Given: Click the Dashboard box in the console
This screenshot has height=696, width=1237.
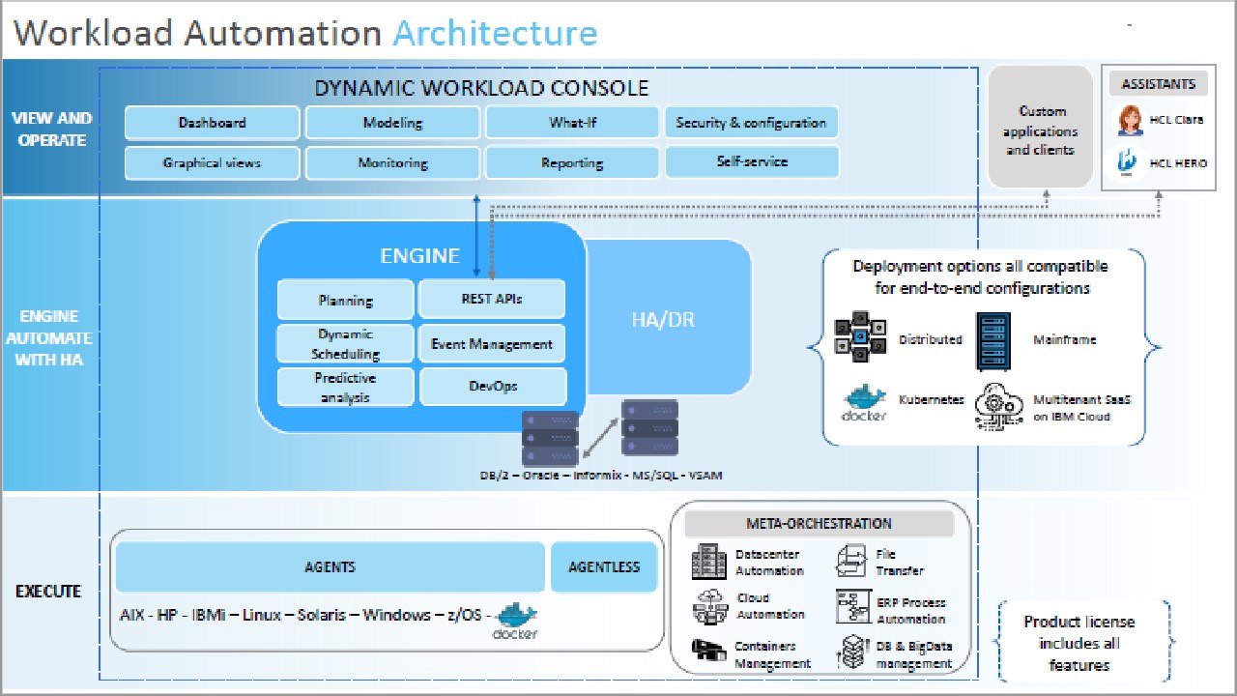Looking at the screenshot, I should (212, 123).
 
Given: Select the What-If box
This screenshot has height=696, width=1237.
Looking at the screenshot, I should (572, 123).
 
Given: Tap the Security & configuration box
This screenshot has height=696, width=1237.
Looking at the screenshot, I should (751, 123).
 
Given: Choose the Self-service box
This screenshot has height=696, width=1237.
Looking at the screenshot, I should (751, 162).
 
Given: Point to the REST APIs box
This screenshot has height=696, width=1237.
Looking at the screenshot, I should (491, 300).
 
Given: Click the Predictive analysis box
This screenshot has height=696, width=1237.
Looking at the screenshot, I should (345, 387).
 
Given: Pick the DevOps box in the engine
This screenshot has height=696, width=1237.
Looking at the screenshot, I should (492, 387).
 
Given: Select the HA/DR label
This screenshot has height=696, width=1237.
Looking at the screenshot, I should (662, 319).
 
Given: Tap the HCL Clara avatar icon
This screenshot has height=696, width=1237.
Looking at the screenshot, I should (1129, 122).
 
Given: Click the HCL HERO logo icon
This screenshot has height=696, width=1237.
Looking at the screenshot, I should (1127, 162).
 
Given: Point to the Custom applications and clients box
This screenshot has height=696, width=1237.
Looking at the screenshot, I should (1040, 130).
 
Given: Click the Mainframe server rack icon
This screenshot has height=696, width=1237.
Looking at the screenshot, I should (995, 339).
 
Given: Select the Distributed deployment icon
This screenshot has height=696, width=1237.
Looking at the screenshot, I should (860, 339).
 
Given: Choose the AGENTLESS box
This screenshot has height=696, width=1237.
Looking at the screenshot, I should (604, 567).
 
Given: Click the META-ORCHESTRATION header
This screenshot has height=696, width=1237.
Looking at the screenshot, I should (819, 524).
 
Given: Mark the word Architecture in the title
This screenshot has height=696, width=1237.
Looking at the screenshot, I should (495, 33).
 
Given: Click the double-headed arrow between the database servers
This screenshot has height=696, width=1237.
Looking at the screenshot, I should (600, 435).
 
